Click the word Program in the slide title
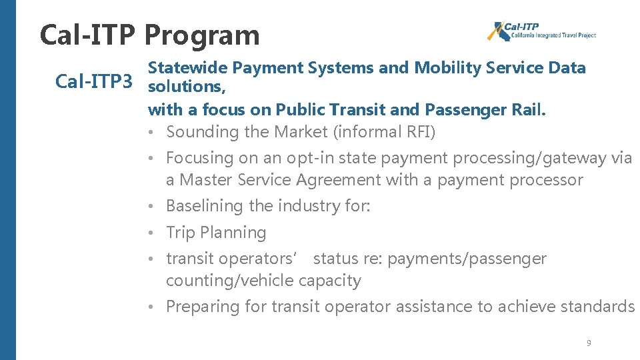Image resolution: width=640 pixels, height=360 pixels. tap(201, 36)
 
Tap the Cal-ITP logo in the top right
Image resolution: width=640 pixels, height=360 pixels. tap(541, 31)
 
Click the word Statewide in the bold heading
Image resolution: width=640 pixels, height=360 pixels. tap(188, 67)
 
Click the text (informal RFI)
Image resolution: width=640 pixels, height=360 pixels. tap(386, 132)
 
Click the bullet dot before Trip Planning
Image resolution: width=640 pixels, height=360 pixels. tap(153, 233)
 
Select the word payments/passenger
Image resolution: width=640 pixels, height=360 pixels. tap(467, 259)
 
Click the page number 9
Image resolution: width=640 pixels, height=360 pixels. tap(589, 343)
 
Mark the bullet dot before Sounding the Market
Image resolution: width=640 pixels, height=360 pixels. tap(153, 132)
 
